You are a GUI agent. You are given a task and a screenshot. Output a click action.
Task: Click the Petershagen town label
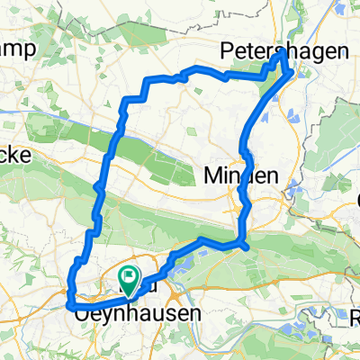coord(284,53)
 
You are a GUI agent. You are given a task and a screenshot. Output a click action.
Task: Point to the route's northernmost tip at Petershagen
coord(283,53)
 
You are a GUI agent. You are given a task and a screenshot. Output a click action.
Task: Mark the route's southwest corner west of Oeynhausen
coord(70,306)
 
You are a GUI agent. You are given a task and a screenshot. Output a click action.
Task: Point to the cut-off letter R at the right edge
coord(355,317)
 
